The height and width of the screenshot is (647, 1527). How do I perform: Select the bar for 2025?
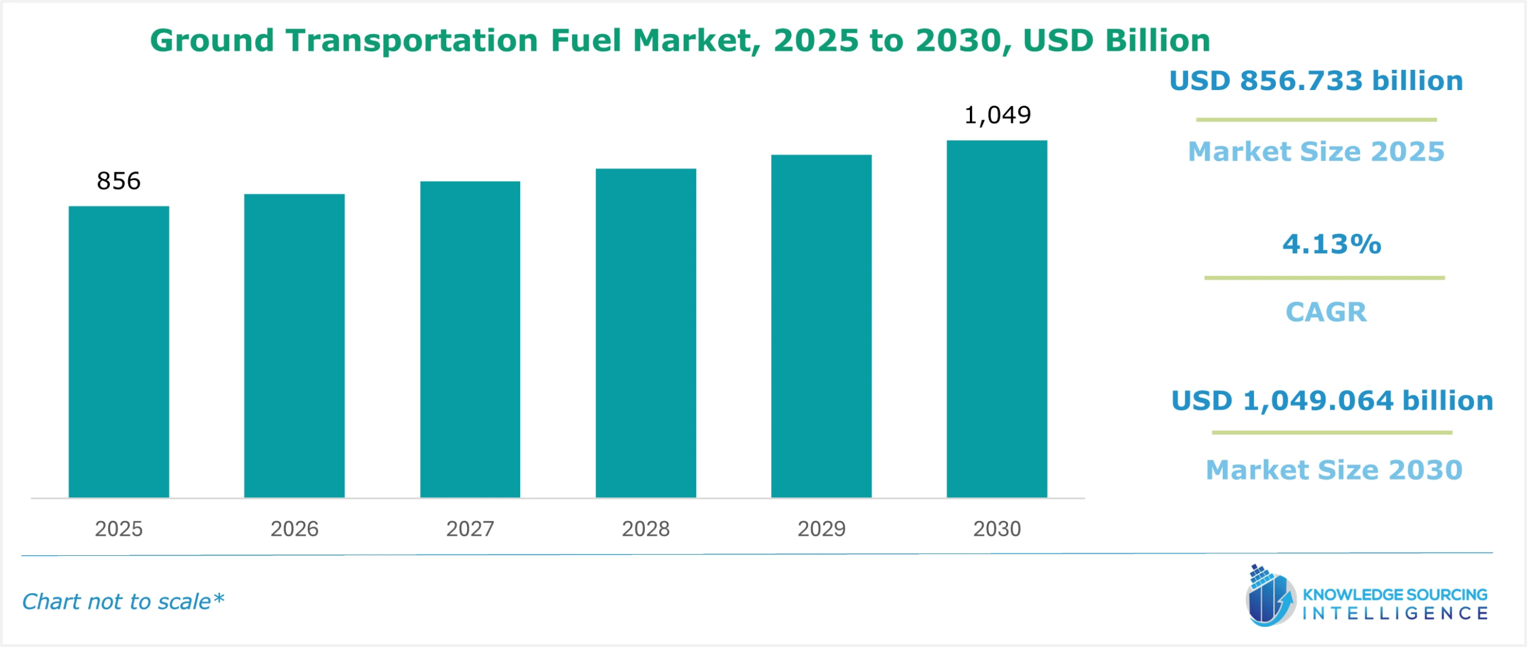(119, 352)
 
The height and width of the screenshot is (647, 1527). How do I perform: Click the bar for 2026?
(294, 346)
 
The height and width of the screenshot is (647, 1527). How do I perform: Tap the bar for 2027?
(470, 339)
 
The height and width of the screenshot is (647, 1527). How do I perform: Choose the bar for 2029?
(821, 326)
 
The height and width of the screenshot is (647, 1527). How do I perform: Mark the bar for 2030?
(997, 319)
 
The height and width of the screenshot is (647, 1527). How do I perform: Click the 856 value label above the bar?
(119, 181)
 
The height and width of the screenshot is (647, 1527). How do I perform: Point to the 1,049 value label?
(997, 115)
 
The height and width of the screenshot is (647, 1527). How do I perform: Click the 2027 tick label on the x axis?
(470, 529)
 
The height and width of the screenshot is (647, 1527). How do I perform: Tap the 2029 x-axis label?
(821, 529)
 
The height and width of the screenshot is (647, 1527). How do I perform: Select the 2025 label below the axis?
(119, 529)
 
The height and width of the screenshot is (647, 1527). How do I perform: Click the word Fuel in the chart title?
(585, 41)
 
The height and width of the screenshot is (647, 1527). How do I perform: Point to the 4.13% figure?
(1331, 244)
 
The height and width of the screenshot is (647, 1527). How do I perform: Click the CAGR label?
(1325, 312)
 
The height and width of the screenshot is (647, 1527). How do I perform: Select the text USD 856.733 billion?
(1316, 81)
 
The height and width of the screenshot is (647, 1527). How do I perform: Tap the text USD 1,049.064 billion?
(1332, 400)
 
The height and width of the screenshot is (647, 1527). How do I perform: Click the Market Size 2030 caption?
(1334, 470)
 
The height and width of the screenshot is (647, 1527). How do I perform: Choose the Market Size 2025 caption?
(1316, 151)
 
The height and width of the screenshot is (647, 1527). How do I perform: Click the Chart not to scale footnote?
(123, 602)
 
